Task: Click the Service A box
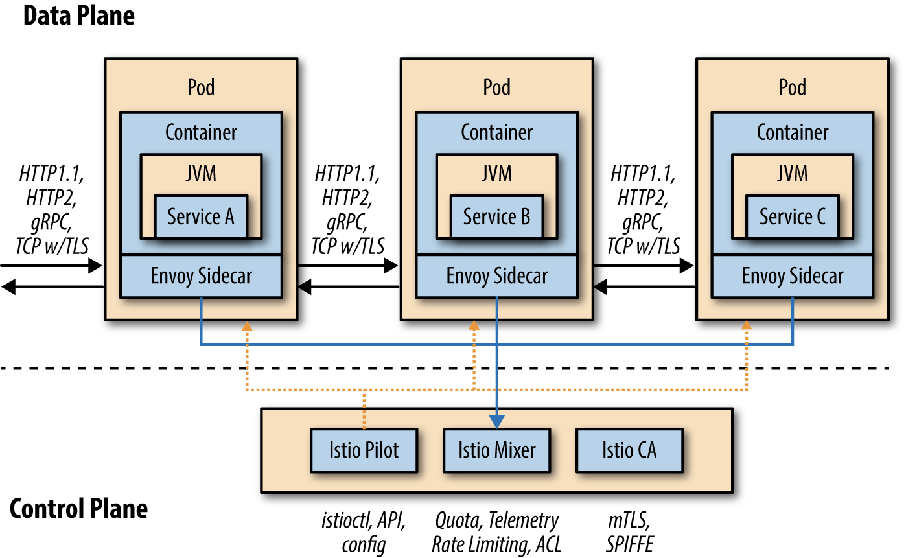tap(201, 216)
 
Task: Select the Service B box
tap(496, 216)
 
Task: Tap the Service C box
tap(792, 216)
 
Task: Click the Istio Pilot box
tap(364, 450)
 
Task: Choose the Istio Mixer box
tap(496, 450)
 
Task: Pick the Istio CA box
tap(629, 450)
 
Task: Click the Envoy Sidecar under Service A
tap(201, 276)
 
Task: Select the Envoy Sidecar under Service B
tap(496, 276)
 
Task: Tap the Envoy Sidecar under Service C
tap(792, 276)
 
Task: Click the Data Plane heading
tap(78, 16)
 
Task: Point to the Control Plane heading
tap(78, 509)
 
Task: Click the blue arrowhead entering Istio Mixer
tap(497, 421)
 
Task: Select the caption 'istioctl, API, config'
tap(364, 531)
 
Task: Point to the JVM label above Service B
tap(496, 173)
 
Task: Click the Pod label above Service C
tap(792, 87)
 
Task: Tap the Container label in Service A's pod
tap(201, 132)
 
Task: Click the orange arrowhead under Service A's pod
tap(246, 325)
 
